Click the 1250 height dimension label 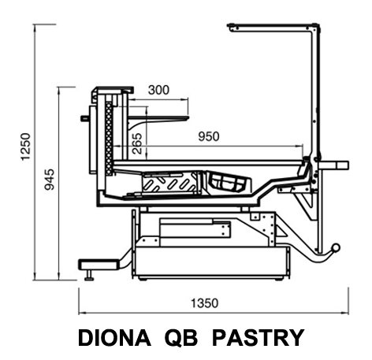click(x=26, y=147)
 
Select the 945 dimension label click(x=49, y=180)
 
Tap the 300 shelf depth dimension click(x=158, y=90)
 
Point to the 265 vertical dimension click(x=137, y=143)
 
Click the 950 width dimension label click(x=209, y=136)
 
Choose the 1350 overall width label click(x=204, y=303)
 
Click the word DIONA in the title click(x=114, y=338)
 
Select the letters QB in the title click(x=181, y=338)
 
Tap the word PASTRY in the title click(x=258, y=338)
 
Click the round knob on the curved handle click(x=336, y=247)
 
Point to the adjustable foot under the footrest click(x=90, y=275)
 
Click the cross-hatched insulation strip click(x=108, y=139)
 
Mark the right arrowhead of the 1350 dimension click(x=345, y=313)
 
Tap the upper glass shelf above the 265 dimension click(x=158, y=118)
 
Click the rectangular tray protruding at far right click(x=333, y=165)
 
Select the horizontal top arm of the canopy click(x=273, y=28)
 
